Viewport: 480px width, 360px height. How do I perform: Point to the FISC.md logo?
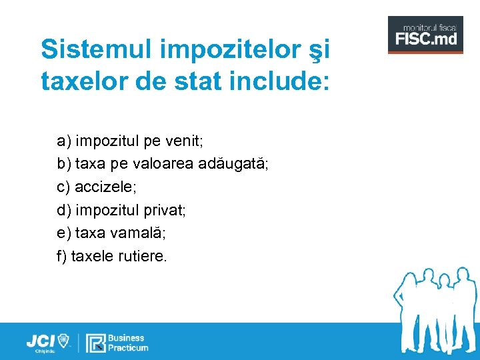[425, 35]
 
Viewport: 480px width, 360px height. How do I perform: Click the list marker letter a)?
[64, 141]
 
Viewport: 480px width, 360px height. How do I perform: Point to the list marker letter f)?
[62, 255]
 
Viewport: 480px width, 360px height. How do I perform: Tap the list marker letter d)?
[64, 210]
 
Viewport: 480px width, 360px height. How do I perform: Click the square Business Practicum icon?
[97, 343]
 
